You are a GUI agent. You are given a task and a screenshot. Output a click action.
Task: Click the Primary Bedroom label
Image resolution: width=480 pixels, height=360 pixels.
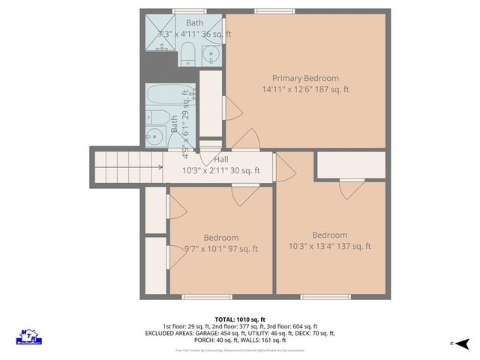[x=305, y=78]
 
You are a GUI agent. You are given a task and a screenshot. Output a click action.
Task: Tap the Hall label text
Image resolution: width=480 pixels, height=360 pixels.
[x=221, y=160]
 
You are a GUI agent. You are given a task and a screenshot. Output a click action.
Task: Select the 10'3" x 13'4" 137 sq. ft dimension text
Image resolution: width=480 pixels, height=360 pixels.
[x=330, y=246]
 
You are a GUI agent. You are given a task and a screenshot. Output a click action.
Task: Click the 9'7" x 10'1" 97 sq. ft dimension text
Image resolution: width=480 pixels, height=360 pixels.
[x=221, y=249]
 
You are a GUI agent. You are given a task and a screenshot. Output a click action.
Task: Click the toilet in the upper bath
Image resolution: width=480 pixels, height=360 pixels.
[x=187, y=53]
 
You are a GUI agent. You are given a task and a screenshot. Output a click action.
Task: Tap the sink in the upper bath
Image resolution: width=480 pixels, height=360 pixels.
[x=211, y=54]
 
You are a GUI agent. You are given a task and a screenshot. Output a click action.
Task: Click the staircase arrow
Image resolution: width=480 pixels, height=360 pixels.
[x=159, y=167]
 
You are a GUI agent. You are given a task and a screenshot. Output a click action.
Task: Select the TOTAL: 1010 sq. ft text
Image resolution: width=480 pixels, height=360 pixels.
[x=240, y=319]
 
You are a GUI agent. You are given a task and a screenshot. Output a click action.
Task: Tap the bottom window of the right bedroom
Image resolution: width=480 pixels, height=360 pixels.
[x=325, y=296]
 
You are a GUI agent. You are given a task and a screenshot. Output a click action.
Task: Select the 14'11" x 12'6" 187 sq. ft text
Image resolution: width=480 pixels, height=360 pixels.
[x=305, y=89]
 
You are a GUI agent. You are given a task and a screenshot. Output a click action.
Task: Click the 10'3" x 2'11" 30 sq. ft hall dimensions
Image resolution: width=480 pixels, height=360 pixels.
[x=221, y=170]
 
